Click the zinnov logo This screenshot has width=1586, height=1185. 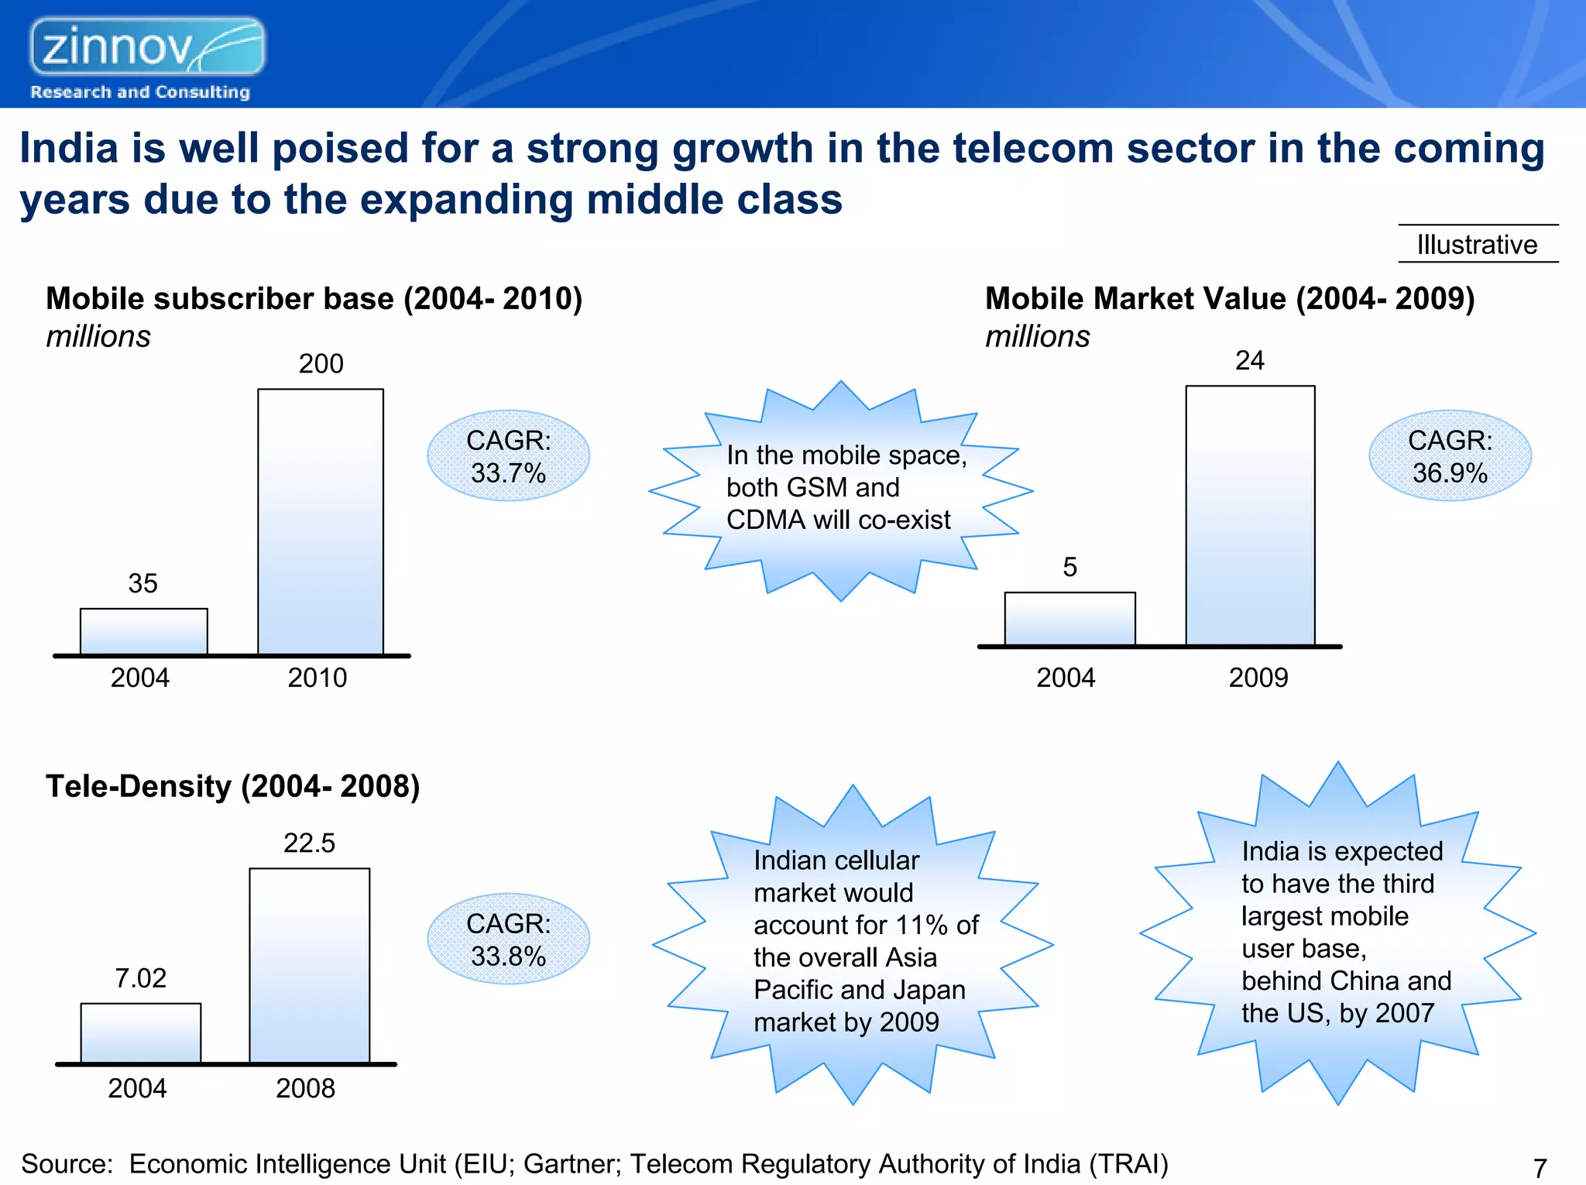click(147, 48)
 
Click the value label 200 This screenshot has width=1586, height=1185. click(321, 364)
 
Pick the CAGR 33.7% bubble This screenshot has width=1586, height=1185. click(508, 456)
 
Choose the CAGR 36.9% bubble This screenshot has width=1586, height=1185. click(1449, 456)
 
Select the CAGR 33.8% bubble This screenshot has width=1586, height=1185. click(508, 939)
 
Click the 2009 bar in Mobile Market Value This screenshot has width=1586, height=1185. click(1249, 515)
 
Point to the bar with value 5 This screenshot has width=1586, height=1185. click(1069, 618)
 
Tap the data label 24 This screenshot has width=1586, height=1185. click(1249, 361)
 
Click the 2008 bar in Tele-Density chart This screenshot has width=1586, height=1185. click(309, 965)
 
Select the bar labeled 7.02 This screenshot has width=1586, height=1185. click(141, 1032)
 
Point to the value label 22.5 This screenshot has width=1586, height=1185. click(309, 843)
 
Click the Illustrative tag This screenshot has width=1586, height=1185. click(1477, 245)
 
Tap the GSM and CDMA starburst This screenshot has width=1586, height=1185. click(841, 489)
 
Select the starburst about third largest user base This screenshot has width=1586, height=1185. click(1337, 933)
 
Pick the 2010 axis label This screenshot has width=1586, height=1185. click(318, 678)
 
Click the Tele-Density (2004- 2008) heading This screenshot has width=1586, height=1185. click(232, 786)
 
